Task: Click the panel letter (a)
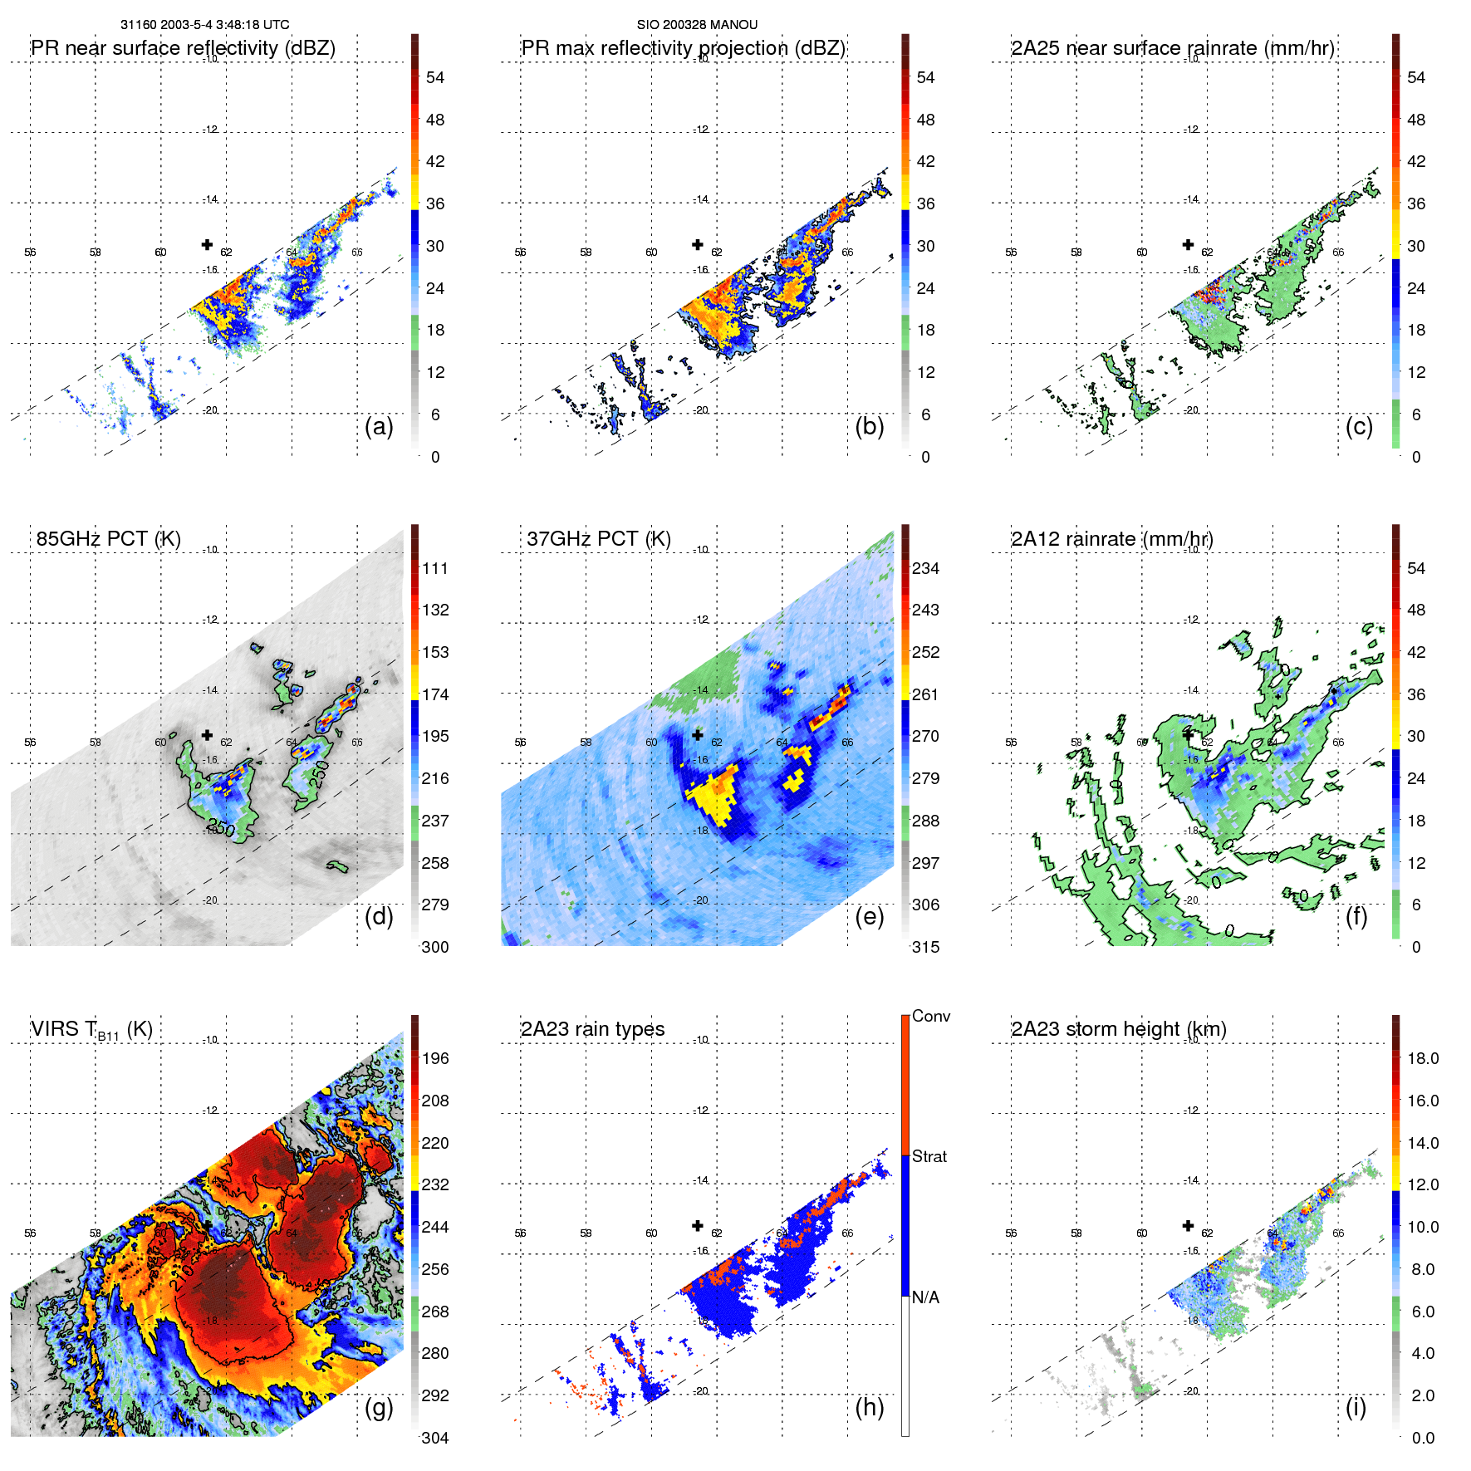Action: tap(379, 427)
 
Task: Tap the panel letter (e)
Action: tap(869, 917)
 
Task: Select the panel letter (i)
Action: tap(1356, 1407)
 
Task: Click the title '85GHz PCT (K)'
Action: tap(108, 539)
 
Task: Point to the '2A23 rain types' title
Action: tap(592, 1029)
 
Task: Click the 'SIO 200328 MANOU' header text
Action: tap(697, 25)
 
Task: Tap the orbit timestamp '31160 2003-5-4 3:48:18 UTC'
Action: tap(204, 25)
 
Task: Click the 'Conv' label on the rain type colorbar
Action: tap(931, 1017)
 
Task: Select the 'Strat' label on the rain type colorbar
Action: tap(929, 1157)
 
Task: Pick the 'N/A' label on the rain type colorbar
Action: tap(925, 1297)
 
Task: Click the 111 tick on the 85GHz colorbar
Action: tap(435, 569)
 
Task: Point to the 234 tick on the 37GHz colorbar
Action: tap(925, 569)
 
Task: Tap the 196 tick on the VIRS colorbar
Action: tap(435, 1059)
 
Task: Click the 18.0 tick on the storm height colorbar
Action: tap(1423, 1059)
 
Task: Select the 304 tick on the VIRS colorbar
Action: tap(435, 1438)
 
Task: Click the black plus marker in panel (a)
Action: tap(207, 244)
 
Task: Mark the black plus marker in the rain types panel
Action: tap(698, 1226)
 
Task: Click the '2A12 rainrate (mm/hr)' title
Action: tap(1111, 539)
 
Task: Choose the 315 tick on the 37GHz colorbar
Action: tap(925, 948)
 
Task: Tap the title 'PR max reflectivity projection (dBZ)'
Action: tap(683, 48)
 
